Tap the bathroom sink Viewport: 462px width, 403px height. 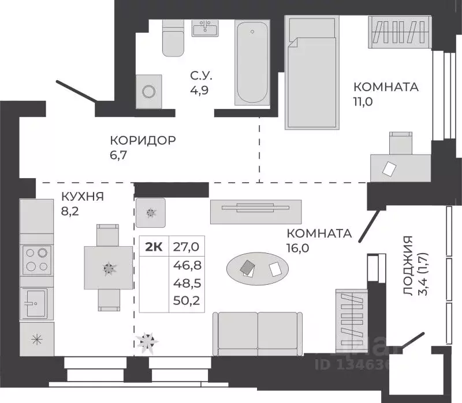(x=204, y=28)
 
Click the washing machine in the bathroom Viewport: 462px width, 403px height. (x=149, y=91)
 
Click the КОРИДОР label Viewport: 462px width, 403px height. (x=142, y=141)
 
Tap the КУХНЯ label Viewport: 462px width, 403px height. (x=82, y=197)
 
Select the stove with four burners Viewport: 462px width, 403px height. (x=36, y=259)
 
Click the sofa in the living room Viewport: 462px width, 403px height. (x=257, y=333)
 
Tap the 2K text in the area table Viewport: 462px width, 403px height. (x=153, y=247)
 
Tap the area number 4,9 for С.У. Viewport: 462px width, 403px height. (x=200, y=90)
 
